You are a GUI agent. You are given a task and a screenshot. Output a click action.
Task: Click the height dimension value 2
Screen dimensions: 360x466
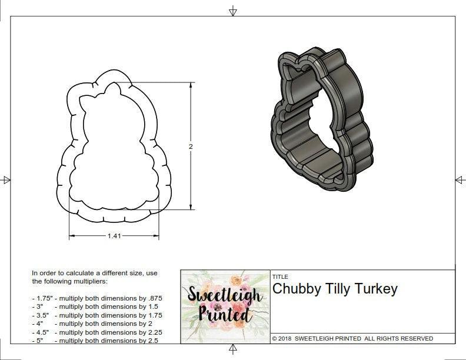tap(191, 146)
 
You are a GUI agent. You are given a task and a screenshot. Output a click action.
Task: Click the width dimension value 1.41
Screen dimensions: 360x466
tap(114, 236)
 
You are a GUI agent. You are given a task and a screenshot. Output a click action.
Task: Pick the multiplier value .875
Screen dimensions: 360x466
tap(154, 298)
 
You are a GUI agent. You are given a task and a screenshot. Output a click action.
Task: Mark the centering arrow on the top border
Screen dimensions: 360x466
tap(233, 11)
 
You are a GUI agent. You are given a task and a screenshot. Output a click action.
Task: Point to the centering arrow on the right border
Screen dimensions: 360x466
tap(460, 179)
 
